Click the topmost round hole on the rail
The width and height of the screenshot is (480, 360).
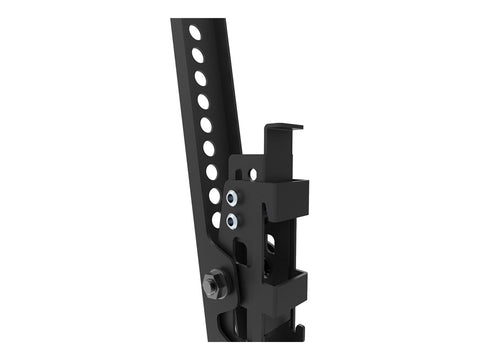point(194,32)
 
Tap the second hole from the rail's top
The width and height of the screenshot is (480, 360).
point(197,55)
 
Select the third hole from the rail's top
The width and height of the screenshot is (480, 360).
point(200,78)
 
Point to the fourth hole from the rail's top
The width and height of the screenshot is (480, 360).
point(203,101)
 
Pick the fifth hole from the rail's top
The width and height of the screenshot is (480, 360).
point(206,124)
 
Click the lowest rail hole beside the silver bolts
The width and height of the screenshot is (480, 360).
point(216,218)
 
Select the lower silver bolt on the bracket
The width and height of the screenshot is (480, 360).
point(232,219)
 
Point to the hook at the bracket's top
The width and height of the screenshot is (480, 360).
point(282,130)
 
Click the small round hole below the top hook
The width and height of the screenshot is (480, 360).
point(252,174)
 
